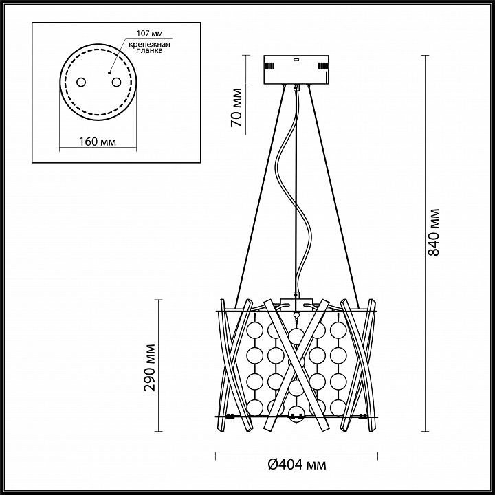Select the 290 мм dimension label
150,367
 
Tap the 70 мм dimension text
236,108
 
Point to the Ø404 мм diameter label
297,465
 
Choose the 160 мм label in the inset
98,142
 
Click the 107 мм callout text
150,34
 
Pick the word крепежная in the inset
150,44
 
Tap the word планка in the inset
150,50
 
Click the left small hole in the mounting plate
81,82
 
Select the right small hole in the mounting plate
116,82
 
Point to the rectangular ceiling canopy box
296,69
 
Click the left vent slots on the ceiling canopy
269,66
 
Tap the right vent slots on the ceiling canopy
323,66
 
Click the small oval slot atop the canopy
296,58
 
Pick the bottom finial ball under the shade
296,420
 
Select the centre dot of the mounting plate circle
109,73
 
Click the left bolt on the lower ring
230,417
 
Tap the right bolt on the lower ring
364,417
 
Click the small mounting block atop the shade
296,302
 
